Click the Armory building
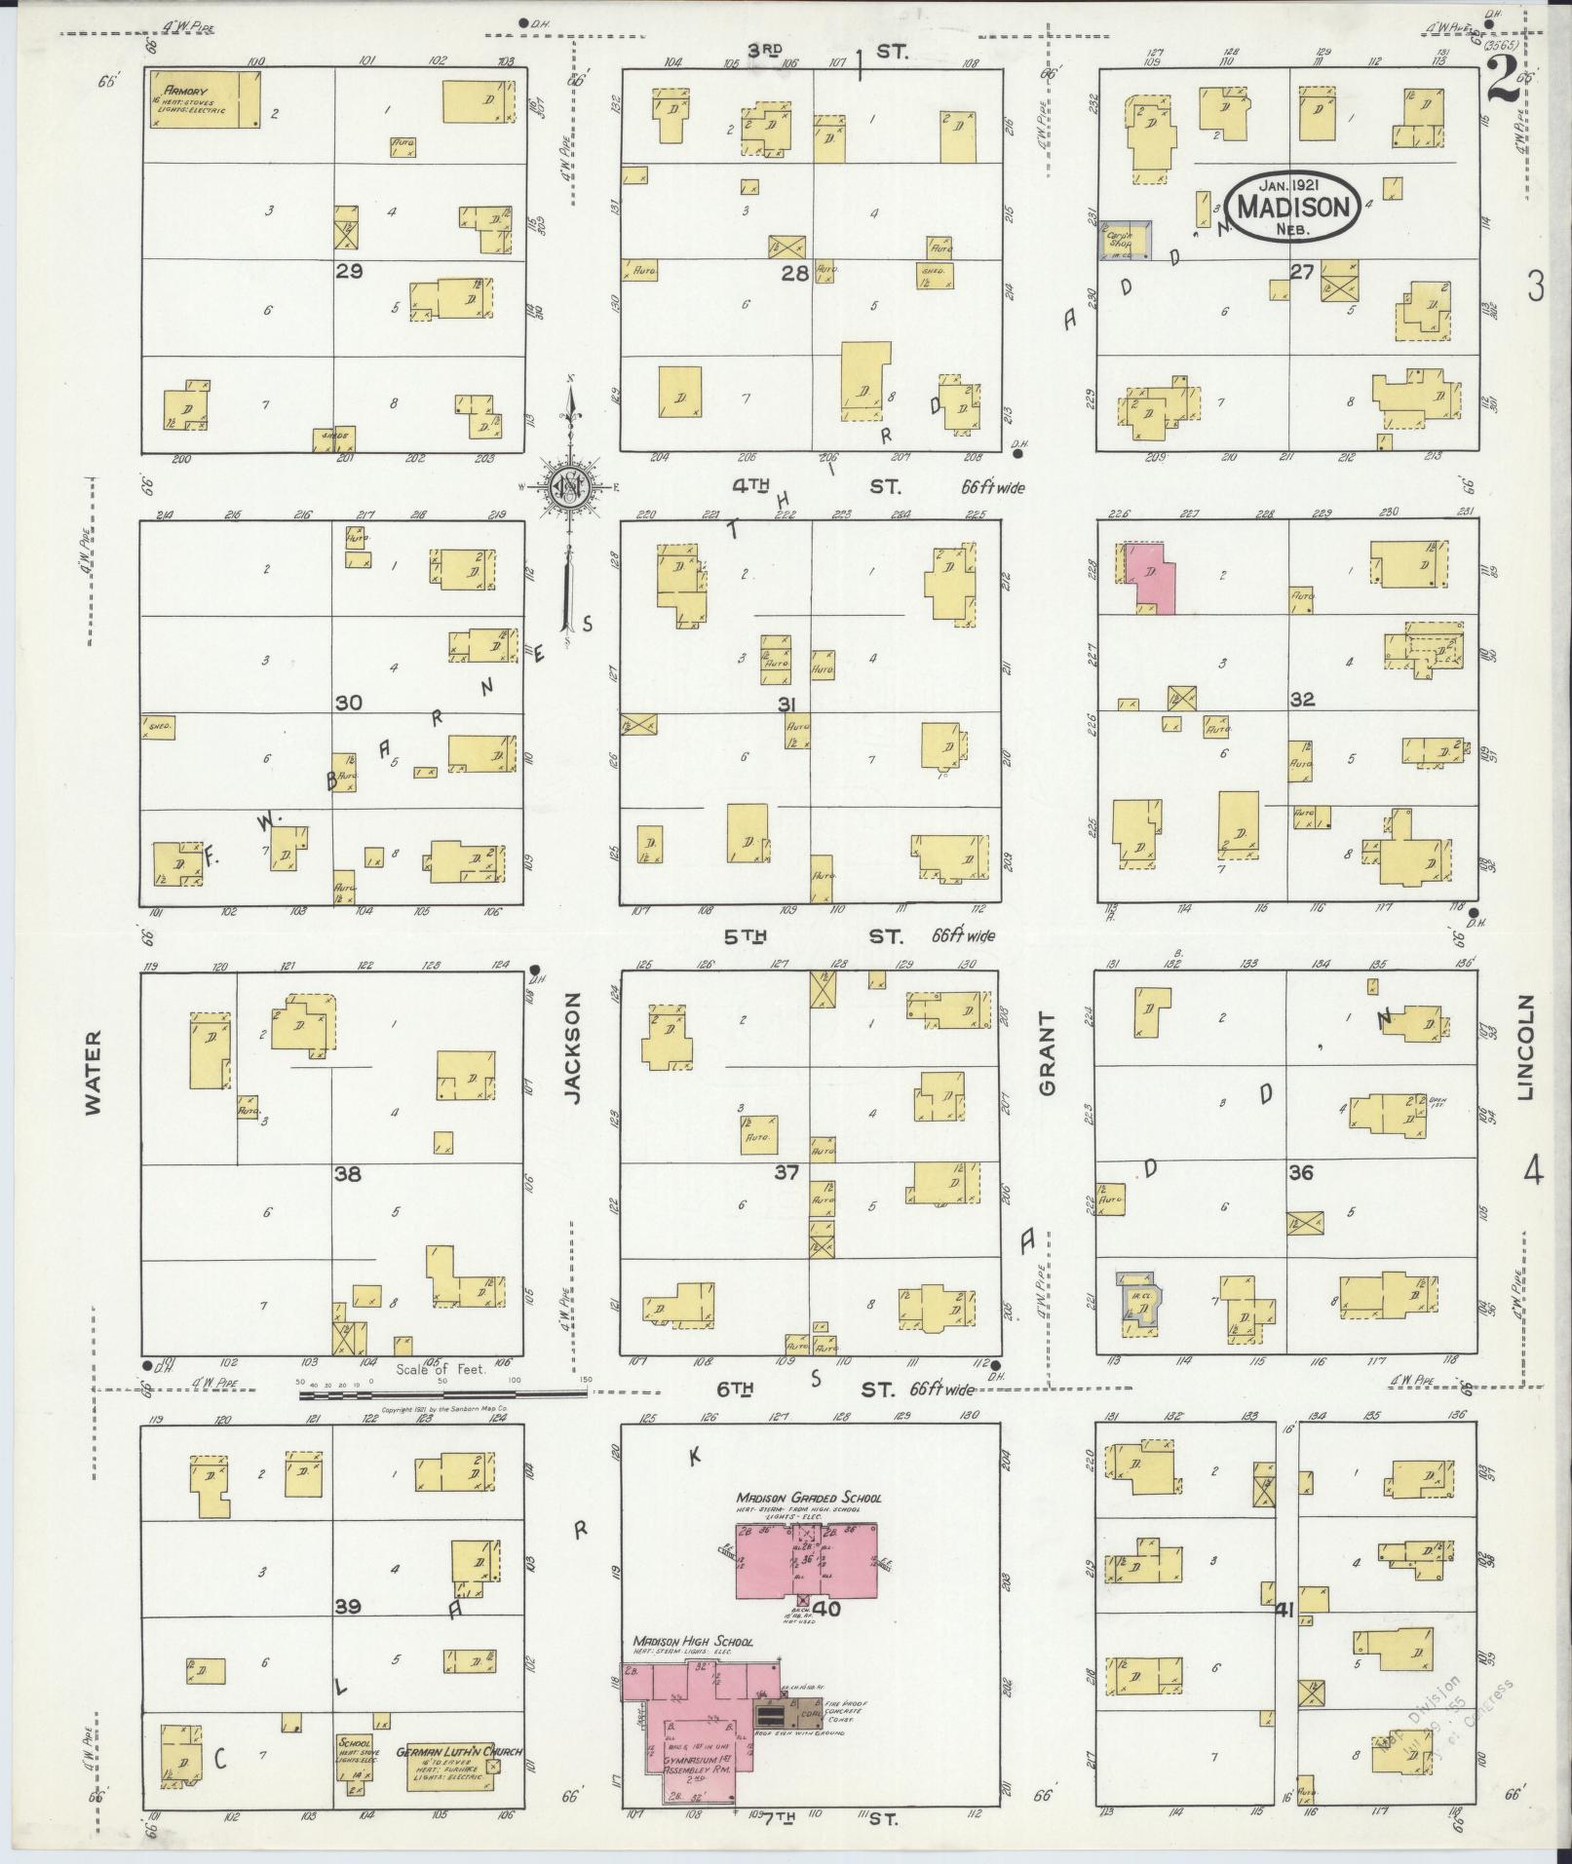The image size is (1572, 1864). tap(203, 98)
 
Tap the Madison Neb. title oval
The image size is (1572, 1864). tap(1293, 207)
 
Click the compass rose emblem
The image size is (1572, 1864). tap(565, 487)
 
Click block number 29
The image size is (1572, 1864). tap(349, 271)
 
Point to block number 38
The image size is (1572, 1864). tap(348, 1174)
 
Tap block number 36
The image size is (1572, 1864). tap(1301, 1173)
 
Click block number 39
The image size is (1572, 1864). tap(349, 1607)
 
